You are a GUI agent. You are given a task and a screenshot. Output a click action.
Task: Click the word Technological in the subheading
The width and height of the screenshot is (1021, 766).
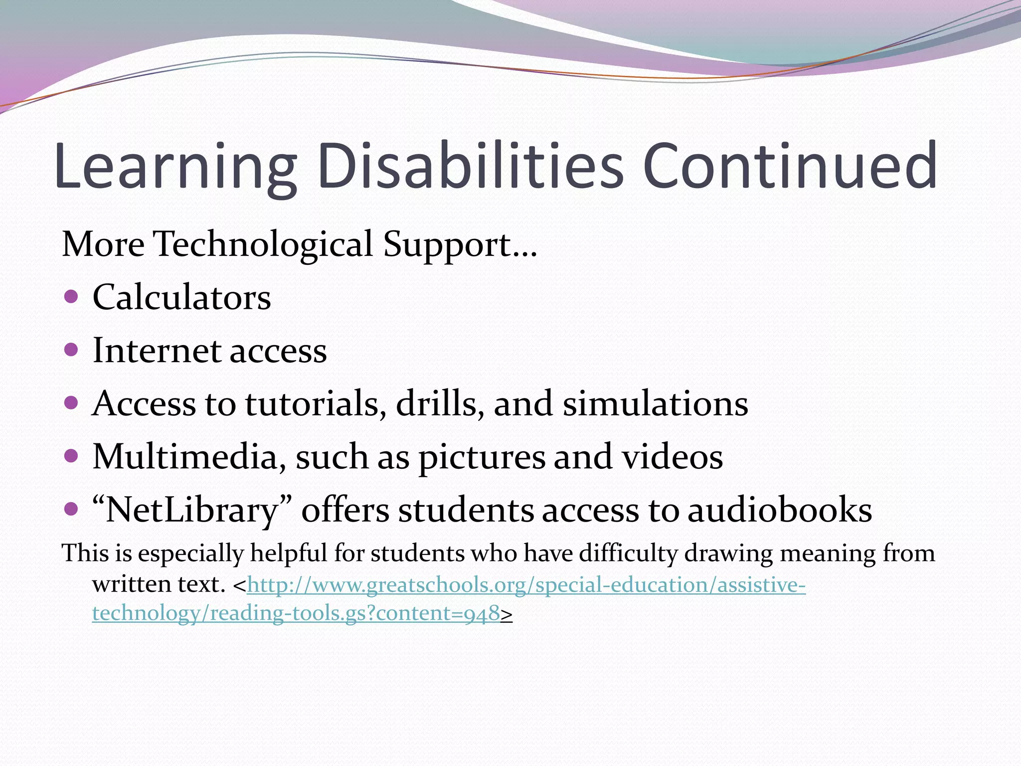[x=263, y=244]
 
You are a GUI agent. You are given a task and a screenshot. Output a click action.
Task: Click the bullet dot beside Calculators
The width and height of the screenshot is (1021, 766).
[x=72, y=297]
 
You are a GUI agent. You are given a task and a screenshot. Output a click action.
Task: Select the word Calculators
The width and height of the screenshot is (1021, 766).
[x=181, y=298]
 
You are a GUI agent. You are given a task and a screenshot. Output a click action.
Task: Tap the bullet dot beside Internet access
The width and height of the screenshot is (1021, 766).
[x=72, y=350]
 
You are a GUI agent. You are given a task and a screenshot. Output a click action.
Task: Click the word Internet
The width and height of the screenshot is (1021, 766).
[x=157, y=351]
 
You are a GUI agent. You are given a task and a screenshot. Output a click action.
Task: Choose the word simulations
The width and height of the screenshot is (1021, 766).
[x=655, y=403]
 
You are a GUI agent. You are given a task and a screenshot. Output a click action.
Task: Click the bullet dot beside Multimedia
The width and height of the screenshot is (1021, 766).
[x=72, y=455]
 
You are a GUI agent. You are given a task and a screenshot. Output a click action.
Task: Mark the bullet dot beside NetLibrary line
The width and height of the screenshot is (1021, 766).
[x=72, y=509]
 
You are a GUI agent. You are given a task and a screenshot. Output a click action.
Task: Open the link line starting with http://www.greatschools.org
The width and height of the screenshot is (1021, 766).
[x=526, y=584]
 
